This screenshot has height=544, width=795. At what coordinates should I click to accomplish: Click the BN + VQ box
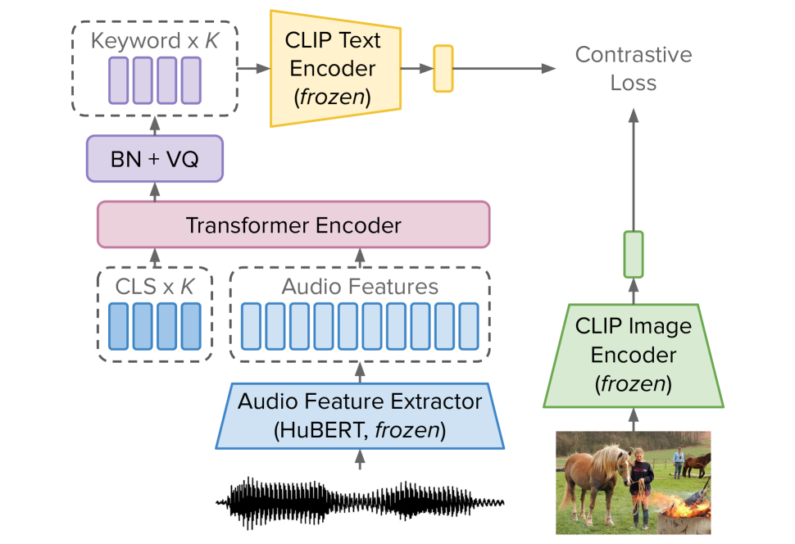click(154, 158)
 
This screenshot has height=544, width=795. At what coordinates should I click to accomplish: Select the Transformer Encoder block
click(293, 224)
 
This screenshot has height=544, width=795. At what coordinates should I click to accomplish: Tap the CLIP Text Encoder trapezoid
click(334, 69)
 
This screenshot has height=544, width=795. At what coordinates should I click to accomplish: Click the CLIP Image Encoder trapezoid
click(634, 355)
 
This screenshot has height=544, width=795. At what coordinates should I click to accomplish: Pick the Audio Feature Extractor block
click(359, 416)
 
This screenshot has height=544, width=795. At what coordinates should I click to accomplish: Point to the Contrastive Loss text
click(634, 68)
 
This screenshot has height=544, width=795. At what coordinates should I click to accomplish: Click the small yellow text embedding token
click(443, 69)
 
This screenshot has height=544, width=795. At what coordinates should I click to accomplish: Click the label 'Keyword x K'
click(155, 40)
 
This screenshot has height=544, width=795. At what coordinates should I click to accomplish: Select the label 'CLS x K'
click(154, 287)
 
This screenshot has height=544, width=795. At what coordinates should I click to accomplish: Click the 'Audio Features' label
click(359, 287)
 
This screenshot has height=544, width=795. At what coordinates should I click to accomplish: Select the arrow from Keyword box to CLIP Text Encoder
click(254, 69)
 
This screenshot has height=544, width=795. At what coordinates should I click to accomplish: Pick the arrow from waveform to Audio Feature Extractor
click(359, 460)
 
